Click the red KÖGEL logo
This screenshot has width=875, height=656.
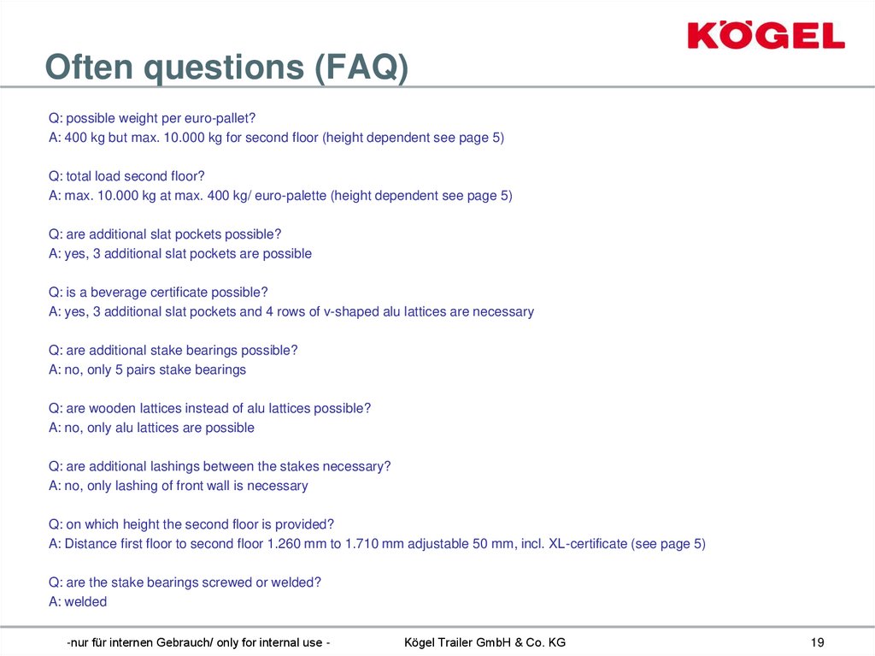coord(766,36)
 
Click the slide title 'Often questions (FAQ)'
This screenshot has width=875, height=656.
coord(226,68)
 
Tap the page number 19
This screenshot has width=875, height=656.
coord(816,642)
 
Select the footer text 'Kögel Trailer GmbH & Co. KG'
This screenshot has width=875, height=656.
coord(484,642)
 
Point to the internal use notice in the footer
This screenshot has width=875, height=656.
coord(199,642)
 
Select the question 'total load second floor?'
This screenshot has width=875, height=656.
coord(126,176)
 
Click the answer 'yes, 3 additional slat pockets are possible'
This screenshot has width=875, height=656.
coord(180,253)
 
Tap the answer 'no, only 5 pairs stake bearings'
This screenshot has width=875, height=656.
coord(147,369)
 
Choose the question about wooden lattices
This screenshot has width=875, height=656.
coord(209,408)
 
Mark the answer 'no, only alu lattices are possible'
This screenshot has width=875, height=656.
coord(151,428)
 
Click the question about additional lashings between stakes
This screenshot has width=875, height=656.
coord(220,466)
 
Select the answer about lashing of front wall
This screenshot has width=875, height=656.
coord(178,486)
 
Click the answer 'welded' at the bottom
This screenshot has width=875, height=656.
coord(78,601)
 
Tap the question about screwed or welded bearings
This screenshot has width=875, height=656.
coord(185,582)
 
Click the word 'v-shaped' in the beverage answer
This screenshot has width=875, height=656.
coord(349,311)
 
